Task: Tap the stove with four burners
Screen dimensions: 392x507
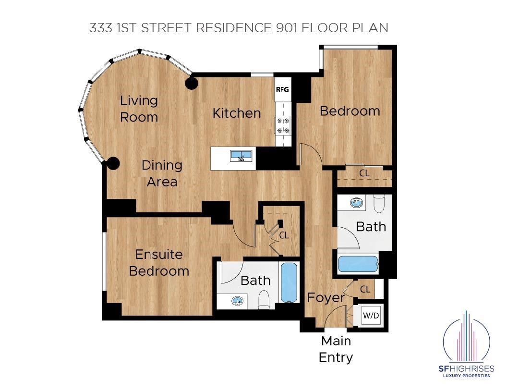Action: [283, 125]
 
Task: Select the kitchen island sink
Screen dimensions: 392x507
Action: [241, 155]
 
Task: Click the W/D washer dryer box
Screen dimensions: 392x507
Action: [371, 316]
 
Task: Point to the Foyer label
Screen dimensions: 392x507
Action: [326, 297]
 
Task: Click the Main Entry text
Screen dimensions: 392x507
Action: [336, 349]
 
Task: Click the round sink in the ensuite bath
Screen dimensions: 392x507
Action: [238, 301]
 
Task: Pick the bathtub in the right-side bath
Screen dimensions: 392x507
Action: [358, 264]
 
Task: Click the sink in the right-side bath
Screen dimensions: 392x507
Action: [356, 202]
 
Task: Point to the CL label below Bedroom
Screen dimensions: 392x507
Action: [365, 173]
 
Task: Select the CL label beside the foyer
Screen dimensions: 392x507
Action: [365, 289]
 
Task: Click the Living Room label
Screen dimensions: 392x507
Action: [138, 109]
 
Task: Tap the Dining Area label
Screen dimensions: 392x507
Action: [162, 173]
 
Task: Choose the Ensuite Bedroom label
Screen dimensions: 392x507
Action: [159, 262]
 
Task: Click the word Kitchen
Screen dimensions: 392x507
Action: [237, 113]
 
